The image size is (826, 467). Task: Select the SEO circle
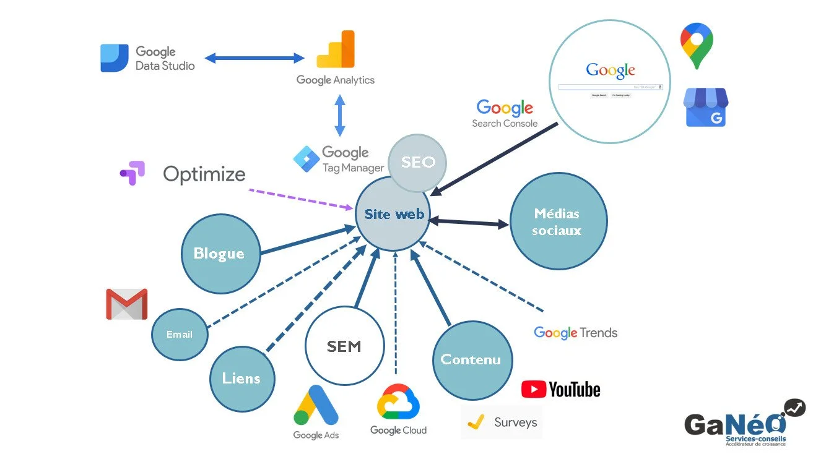point(418,162)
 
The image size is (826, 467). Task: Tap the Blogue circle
point(220,254)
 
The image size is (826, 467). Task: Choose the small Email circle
point(180,335)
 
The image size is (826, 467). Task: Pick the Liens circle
point(241,379)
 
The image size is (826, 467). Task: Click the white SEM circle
point(344,346)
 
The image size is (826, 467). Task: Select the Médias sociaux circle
point(558,221)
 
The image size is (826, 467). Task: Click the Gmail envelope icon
point(127,304)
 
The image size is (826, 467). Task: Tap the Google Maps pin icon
point(697,45)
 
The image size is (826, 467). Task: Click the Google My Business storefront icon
point(706,108)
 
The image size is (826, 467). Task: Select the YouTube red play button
point(534,389)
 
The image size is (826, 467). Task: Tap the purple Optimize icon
point(133,173)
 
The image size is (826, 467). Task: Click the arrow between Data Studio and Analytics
point(254,58)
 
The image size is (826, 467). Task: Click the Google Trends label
point(576,333)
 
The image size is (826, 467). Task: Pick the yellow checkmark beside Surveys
point(475,422)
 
